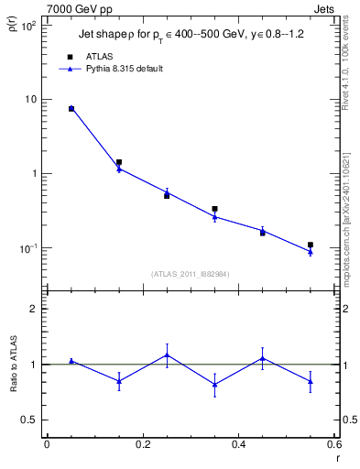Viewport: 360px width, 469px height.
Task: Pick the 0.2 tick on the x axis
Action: point(143,445)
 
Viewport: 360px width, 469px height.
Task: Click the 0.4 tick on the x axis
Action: point(239,445)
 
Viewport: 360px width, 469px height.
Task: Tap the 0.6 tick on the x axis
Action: point(334,445)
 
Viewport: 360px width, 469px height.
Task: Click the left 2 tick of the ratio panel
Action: point(32,309)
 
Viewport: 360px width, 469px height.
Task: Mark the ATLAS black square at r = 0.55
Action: point(311,245)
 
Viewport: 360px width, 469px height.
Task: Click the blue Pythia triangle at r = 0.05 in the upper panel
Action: point(71,108)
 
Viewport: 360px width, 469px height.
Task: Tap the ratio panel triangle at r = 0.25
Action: point(167,354)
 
